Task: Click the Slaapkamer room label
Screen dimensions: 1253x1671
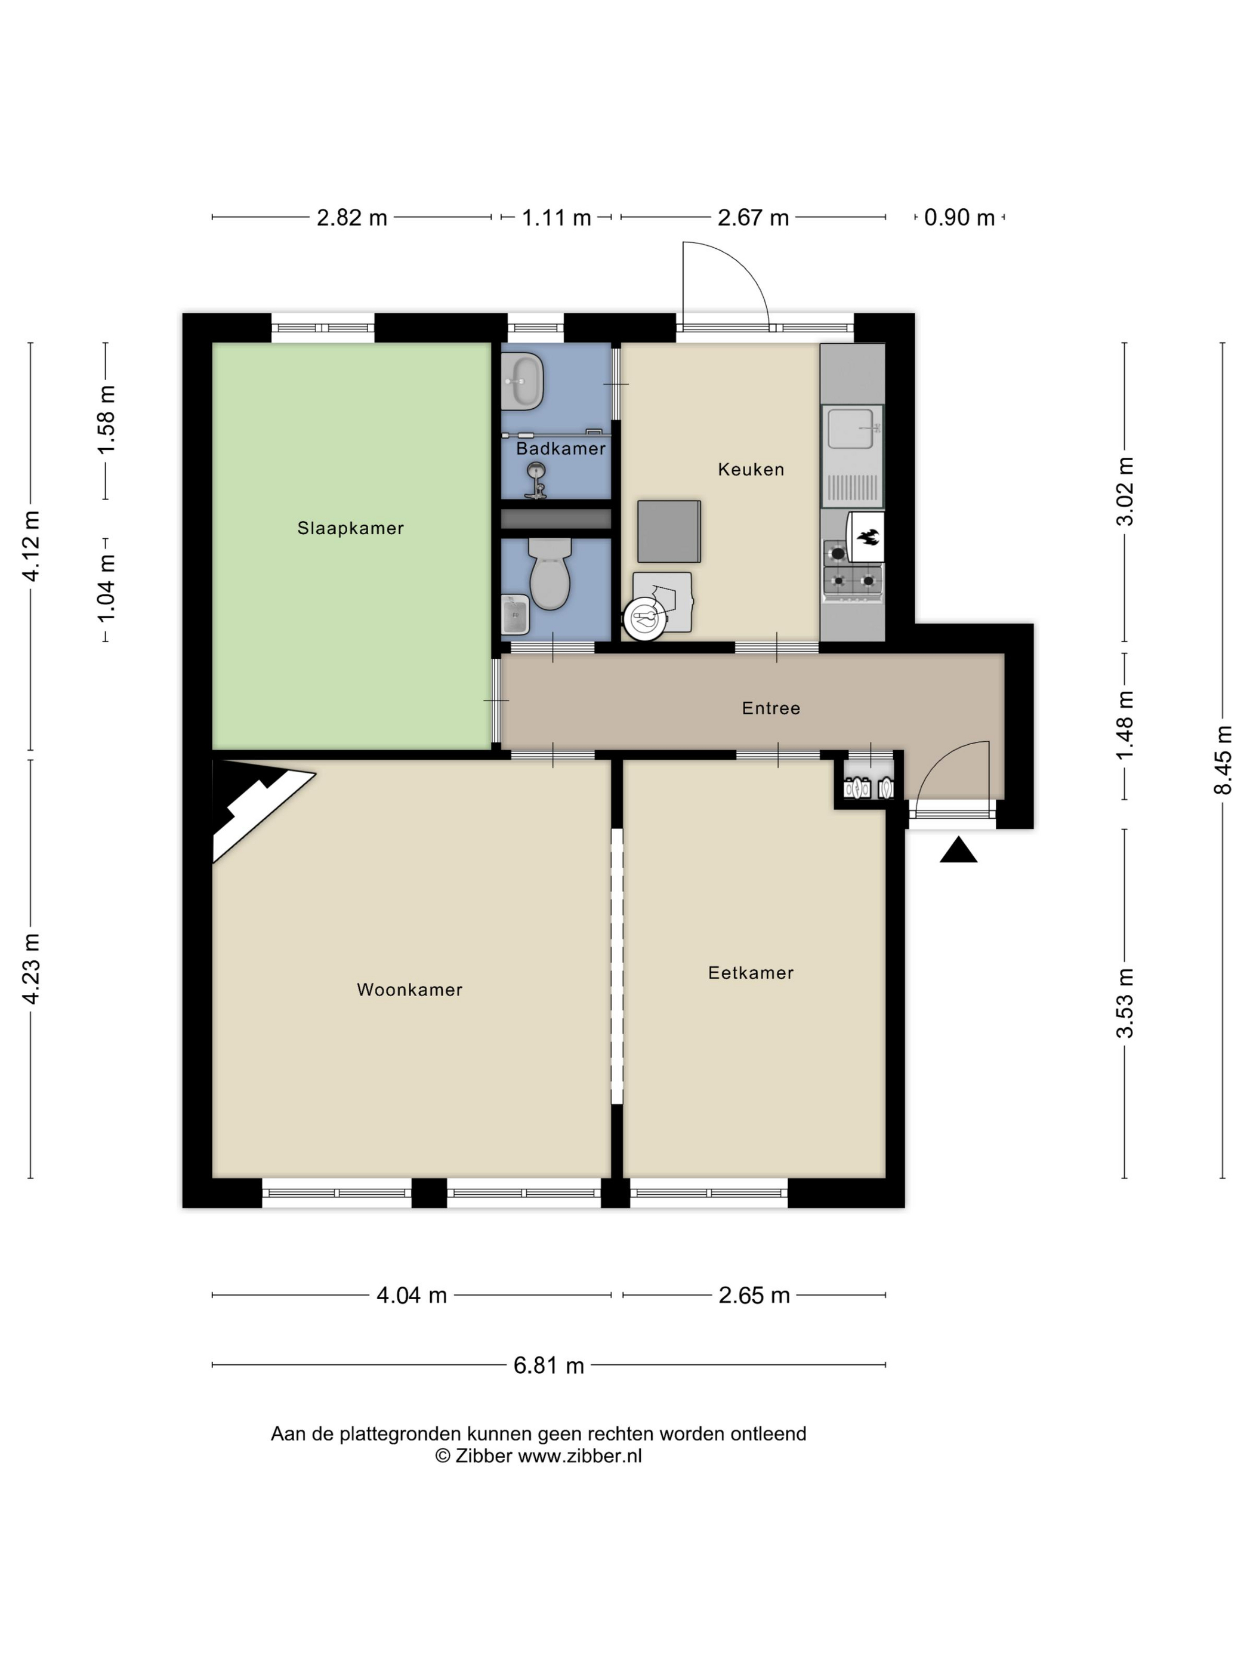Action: (350, 528)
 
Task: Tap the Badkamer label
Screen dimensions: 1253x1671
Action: (560, 449)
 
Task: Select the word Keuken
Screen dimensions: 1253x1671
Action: (751, 469)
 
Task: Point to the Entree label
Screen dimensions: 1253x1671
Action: (770, 708)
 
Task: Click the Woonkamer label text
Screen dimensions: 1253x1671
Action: (409, 989)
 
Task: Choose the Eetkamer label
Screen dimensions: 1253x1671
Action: (751, 973)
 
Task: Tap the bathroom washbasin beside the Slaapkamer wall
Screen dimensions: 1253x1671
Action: (522, 381)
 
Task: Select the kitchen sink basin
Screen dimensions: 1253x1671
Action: (851, 428)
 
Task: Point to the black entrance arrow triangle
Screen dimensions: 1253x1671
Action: (958, 849)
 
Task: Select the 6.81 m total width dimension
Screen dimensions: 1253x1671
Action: (549, 1365)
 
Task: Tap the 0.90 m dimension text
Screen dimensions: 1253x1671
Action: (959, 218)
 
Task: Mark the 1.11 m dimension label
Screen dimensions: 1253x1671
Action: (557, 218)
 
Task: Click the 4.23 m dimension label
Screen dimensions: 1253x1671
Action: (31, 969)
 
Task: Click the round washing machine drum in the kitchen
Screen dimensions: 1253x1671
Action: (645, 619)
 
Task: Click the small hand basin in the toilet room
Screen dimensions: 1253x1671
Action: (516, 615)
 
